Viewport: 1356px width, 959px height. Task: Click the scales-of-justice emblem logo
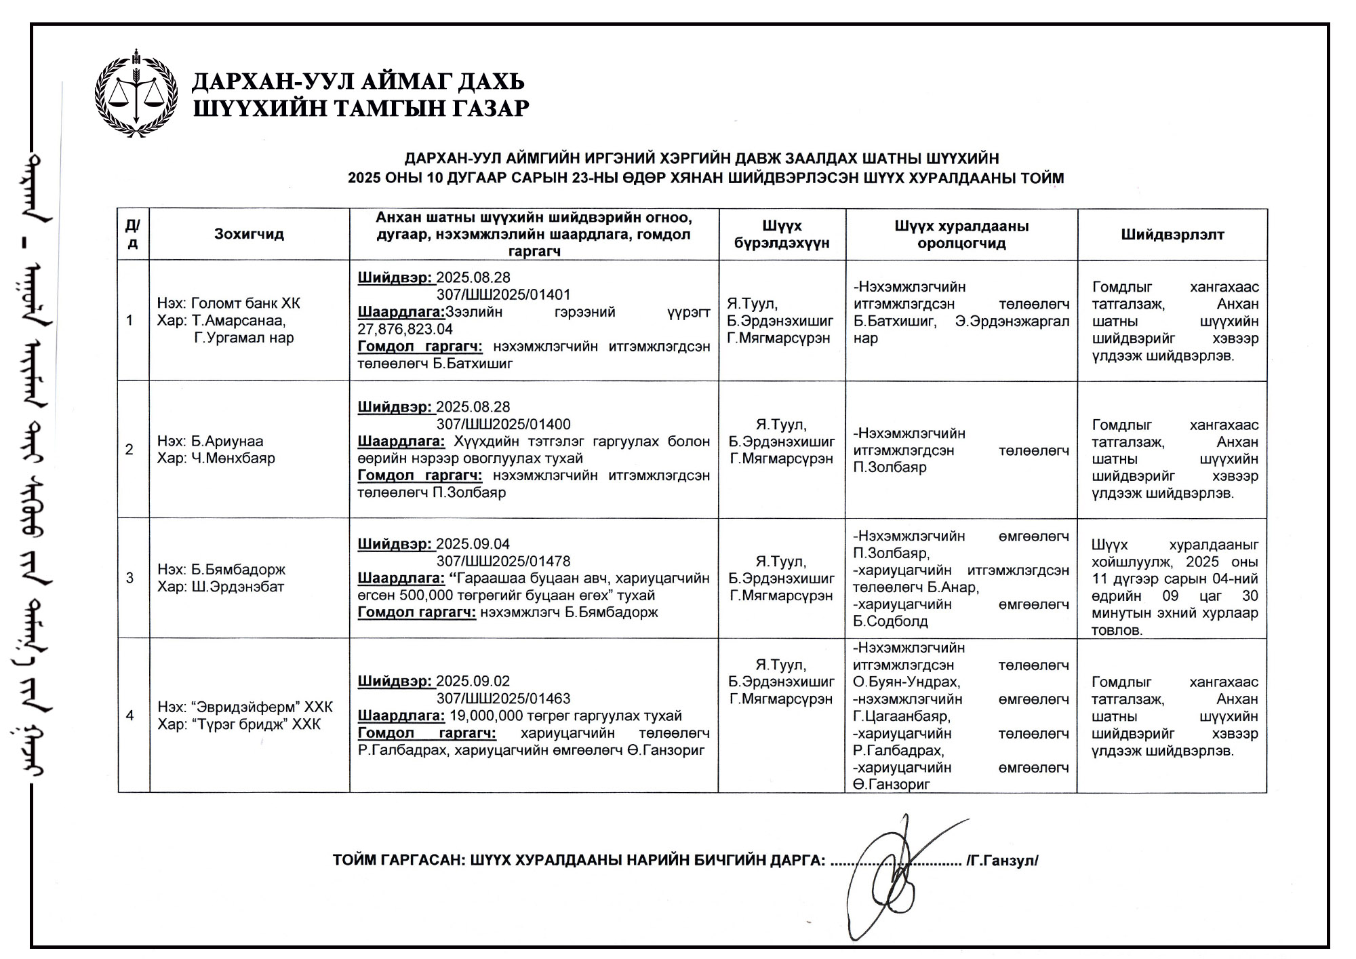point(136,93)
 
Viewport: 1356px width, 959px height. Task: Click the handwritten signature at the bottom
point(895,875)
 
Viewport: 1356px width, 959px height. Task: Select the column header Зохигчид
point(249,235)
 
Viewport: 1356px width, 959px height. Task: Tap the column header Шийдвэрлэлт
point(1172,235)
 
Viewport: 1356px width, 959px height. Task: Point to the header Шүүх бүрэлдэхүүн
point(782,235)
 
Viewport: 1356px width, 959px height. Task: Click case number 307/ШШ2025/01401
point(503,295)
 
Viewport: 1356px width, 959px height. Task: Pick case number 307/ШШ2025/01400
point(503,425)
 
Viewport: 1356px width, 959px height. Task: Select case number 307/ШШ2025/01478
point(503,562)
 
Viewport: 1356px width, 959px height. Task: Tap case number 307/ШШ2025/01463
point(503,699)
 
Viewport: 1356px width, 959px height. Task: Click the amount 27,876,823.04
point(405,330)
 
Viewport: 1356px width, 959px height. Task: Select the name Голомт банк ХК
point(245,303)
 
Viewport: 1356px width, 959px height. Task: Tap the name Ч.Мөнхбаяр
point(233,458)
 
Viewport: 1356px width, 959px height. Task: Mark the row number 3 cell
point(129,579)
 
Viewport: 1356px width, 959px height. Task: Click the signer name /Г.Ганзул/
point(1003,861)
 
